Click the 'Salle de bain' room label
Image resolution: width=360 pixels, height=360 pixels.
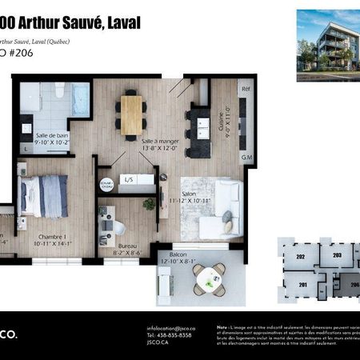(x=49, y=138)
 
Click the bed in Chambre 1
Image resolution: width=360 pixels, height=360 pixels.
(x=44, y=196)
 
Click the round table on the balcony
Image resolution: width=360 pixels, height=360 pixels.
(x=210, y=278)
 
